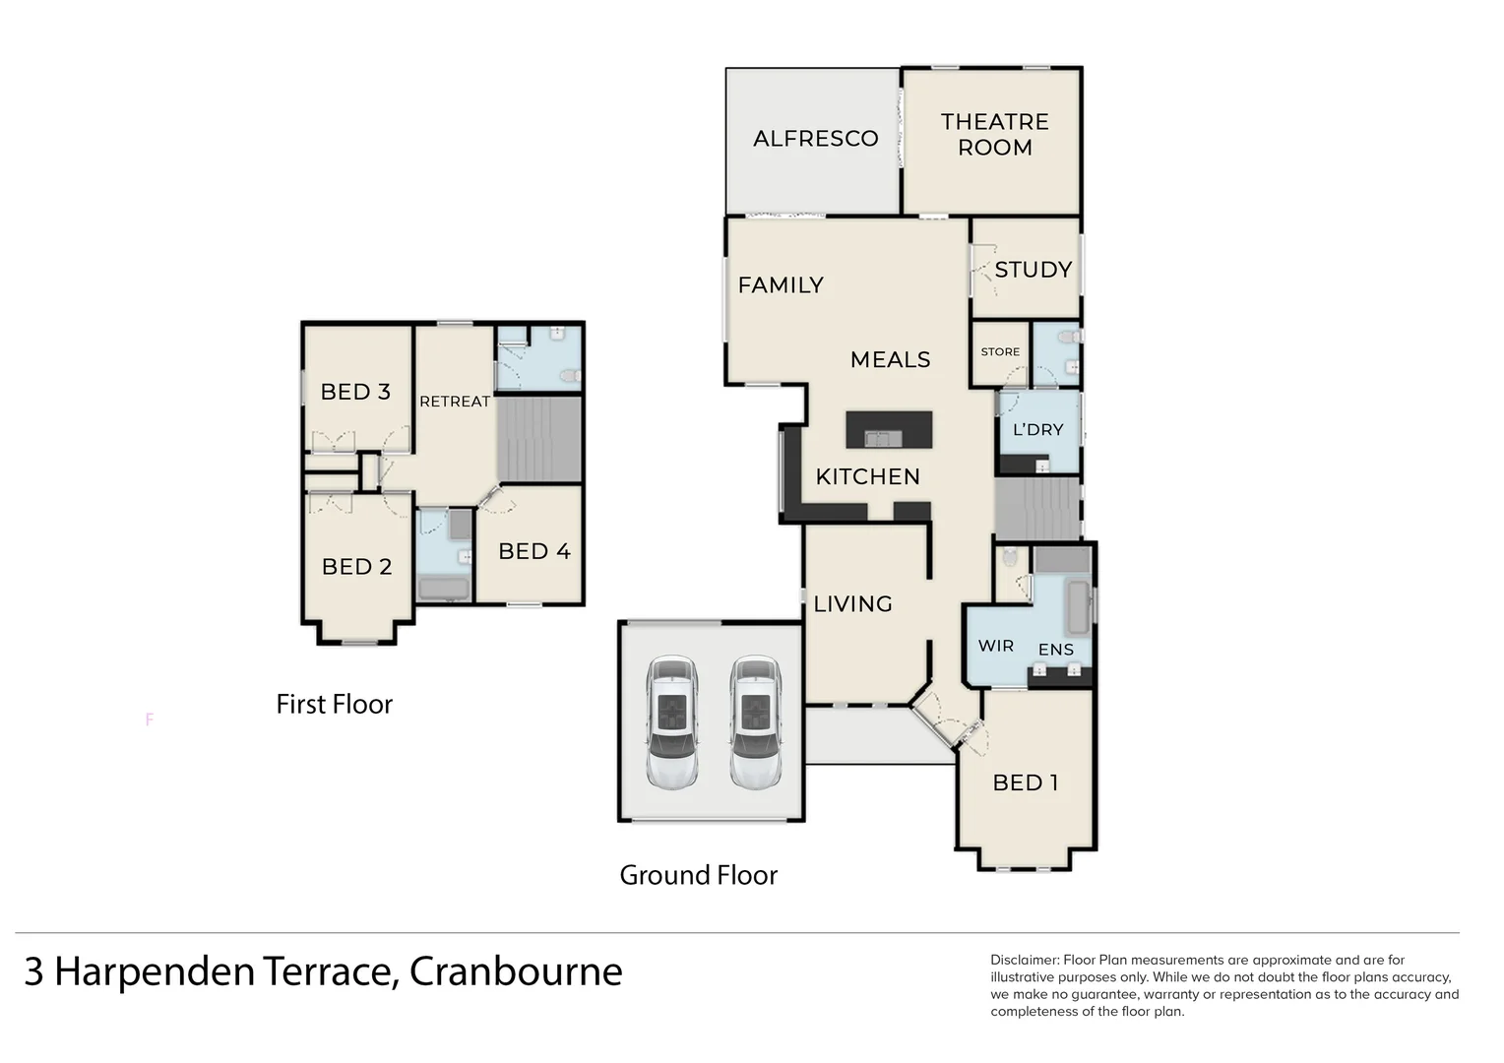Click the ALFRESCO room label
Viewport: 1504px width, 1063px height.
coord(815,139)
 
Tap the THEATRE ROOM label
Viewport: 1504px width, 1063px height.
coord(994,135)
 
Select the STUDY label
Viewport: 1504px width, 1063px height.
coord(1033,270)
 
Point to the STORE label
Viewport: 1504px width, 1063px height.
coord(1000,352)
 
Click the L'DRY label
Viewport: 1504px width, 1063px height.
coord(1037,430)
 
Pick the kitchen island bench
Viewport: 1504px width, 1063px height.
coord(889,430)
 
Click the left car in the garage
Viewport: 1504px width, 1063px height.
coord(672,721)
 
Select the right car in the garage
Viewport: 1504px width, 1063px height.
coord(755,721)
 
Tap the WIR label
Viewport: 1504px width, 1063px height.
coord(995,646)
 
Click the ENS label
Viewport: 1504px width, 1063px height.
coord(1055,650)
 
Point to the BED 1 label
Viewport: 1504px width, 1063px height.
coord(1025,782)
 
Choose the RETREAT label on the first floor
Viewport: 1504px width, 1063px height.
coord(454,402)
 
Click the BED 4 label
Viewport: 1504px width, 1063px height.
coord(533,551)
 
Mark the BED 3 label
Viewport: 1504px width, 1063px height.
coord(355,392)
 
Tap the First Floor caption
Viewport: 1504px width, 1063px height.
coord(334,705)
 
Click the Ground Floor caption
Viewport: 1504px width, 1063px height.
coord(698,875)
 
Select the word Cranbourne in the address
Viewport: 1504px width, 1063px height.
coord(516,971)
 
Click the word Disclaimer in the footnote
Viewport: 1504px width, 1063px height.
coord(1024,960)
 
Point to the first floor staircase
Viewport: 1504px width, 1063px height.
coord(538,439)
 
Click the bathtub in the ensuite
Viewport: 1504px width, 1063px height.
coord(1078,606)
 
